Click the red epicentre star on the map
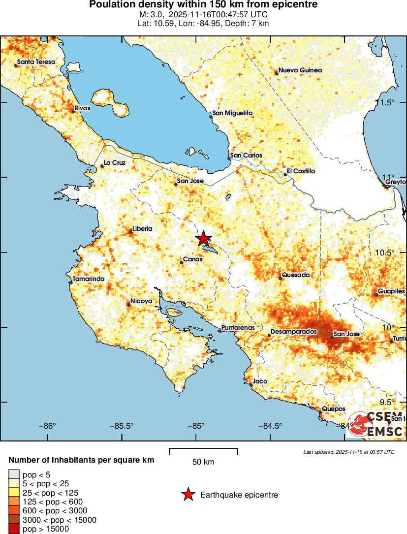tap(203, 239)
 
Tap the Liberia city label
tap(142, 229)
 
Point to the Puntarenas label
tap(238, 327)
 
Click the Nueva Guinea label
tap(300, 70)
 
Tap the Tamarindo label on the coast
tap(89, 279)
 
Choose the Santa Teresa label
tap(36, 63)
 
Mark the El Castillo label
tap(301, 171)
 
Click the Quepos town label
tap(333, 409)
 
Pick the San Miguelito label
tap(232, 113)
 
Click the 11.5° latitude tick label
tap(389, 102)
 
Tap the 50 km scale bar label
tap(203, 462)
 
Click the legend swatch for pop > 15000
tap(14, 529)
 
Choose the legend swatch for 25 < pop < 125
tap(14, 492)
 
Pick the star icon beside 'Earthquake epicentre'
tap(188, 495)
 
